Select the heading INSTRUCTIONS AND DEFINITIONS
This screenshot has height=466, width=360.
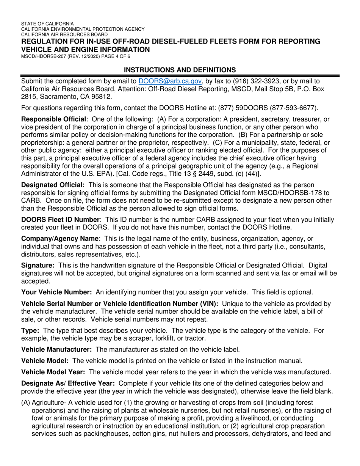[x=180, y=70]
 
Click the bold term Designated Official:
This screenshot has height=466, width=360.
[x=53, y=185]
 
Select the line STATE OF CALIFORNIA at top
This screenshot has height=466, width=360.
[x=47, y=23]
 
